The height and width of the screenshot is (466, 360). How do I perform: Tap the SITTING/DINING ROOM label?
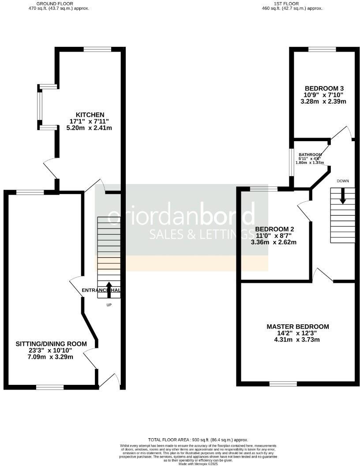[x=51, y=344]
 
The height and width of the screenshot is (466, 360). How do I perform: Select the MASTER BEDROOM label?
[x=298, y=327]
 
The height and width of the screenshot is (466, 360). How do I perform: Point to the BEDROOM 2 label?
[x=274, y=229]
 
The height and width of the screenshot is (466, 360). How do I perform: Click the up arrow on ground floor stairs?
[x=109, y=289]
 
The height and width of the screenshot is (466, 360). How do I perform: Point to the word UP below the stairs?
[x=109, y=305]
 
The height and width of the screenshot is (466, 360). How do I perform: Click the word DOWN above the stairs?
[x=343, y=181]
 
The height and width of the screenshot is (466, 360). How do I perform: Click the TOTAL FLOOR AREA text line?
[x=198, y=440]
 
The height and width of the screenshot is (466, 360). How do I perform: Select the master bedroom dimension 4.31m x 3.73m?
[x=298, y=339]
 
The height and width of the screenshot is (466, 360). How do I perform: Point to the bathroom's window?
[x=291, y=162]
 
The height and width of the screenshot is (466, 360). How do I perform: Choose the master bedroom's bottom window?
[x=283, y=383]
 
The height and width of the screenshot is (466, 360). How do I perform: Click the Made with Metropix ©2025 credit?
[x=198, y=463]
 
